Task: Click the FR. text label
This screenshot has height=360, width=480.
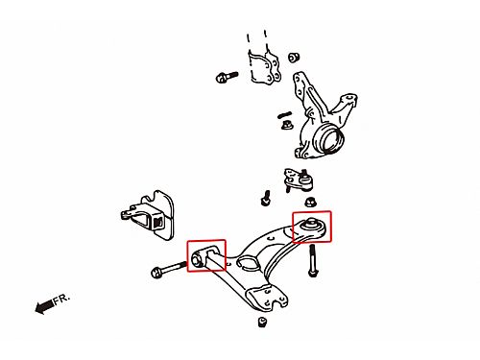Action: pyautogui.click(x=61, y=299)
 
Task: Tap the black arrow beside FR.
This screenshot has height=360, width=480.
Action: pyautogui.click(x=45, y=306)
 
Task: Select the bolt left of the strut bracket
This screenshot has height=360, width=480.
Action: pyautogui.click(x=227, y=77)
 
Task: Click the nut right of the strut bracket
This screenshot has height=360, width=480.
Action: pyautogui.click(x=294, y=58)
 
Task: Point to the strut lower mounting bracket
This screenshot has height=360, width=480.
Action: pyautogui.click(x=264, y=68)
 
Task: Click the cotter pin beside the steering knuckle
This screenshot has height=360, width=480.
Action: pyautogui.click(x=284, y=114)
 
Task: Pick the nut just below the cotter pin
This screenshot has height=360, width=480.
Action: pyautogui.click(x=286, y=125)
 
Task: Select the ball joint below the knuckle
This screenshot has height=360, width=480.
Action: pyautogui.click(x=299, y=180)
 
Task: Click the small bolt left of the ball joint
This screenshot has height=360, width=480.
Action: pyautogui.click(x=265, y=198)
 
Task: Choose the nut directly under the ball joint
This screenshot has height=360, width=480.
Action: pyautogui.click(x=309, y=202)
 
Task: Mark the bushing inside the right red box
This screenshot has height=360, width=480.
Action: pyautogui.click(x=310, y=224)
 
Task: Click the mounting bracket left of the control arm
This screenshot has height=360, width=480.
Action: pyautogui.click(x=148, y=215)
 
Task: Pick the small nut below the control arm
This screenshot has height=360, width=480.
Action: pyautogui.click(x=262, y=322)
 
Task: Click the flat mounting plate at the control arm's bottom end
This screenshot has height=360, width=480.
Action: pyautogui.click(x=267, y=298)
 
